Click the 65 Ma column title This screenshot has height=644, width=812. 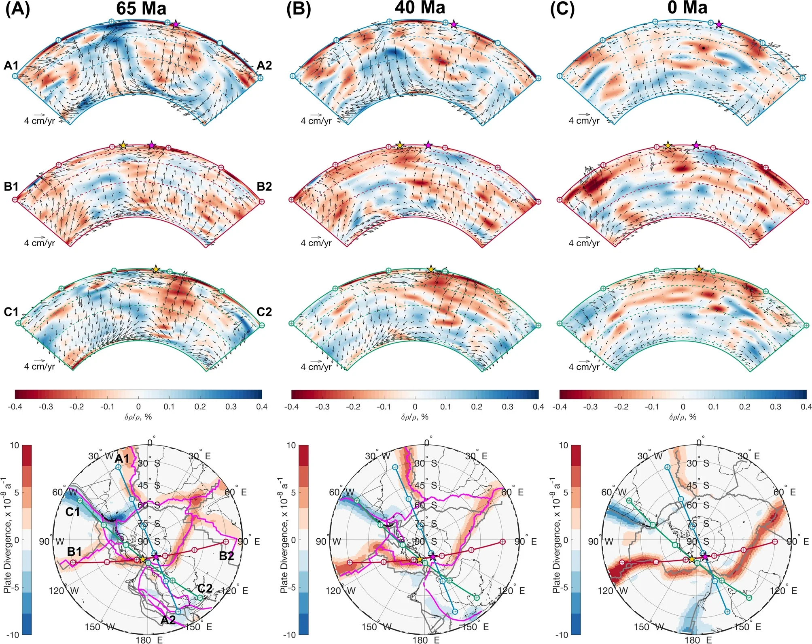click(x=141, y=8)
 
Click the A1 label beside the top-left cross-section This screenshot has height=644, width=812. click(x=11, y=65)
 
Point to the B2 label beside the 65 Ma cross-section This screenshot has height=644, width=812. click(x=264, y=186)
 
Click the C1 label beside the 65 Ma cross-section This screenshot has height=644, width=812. click(x=11, y=312)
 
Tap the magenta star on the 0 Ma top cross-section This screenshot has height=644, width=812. click(x=719, y=24)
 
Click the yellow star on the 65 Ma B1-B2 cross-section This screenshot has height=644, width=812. click(x=123, y=145)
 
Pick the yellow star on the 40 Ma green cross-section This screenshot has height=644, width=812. click(x=431, y=269)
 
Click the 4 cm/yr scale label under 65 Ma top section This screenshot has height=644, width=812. click(x=39, y=121)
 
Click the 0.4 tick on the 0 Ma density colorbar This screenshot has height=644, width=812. click(x=806, y=407)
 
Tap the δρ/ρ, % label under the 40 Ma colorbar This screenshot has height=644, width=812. click(x=415, y=417)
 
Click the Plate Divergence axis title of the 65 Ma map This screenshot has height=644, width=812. click(x=7, y=539)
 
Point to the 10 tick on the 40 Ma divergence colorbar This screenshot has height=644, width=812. click(x=291, y=446)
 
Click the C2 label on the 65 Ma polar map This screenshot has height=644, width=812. click(x=205, y=589)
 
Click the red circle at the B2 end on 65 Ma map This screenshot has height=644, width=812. click(x=226, y=542)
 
